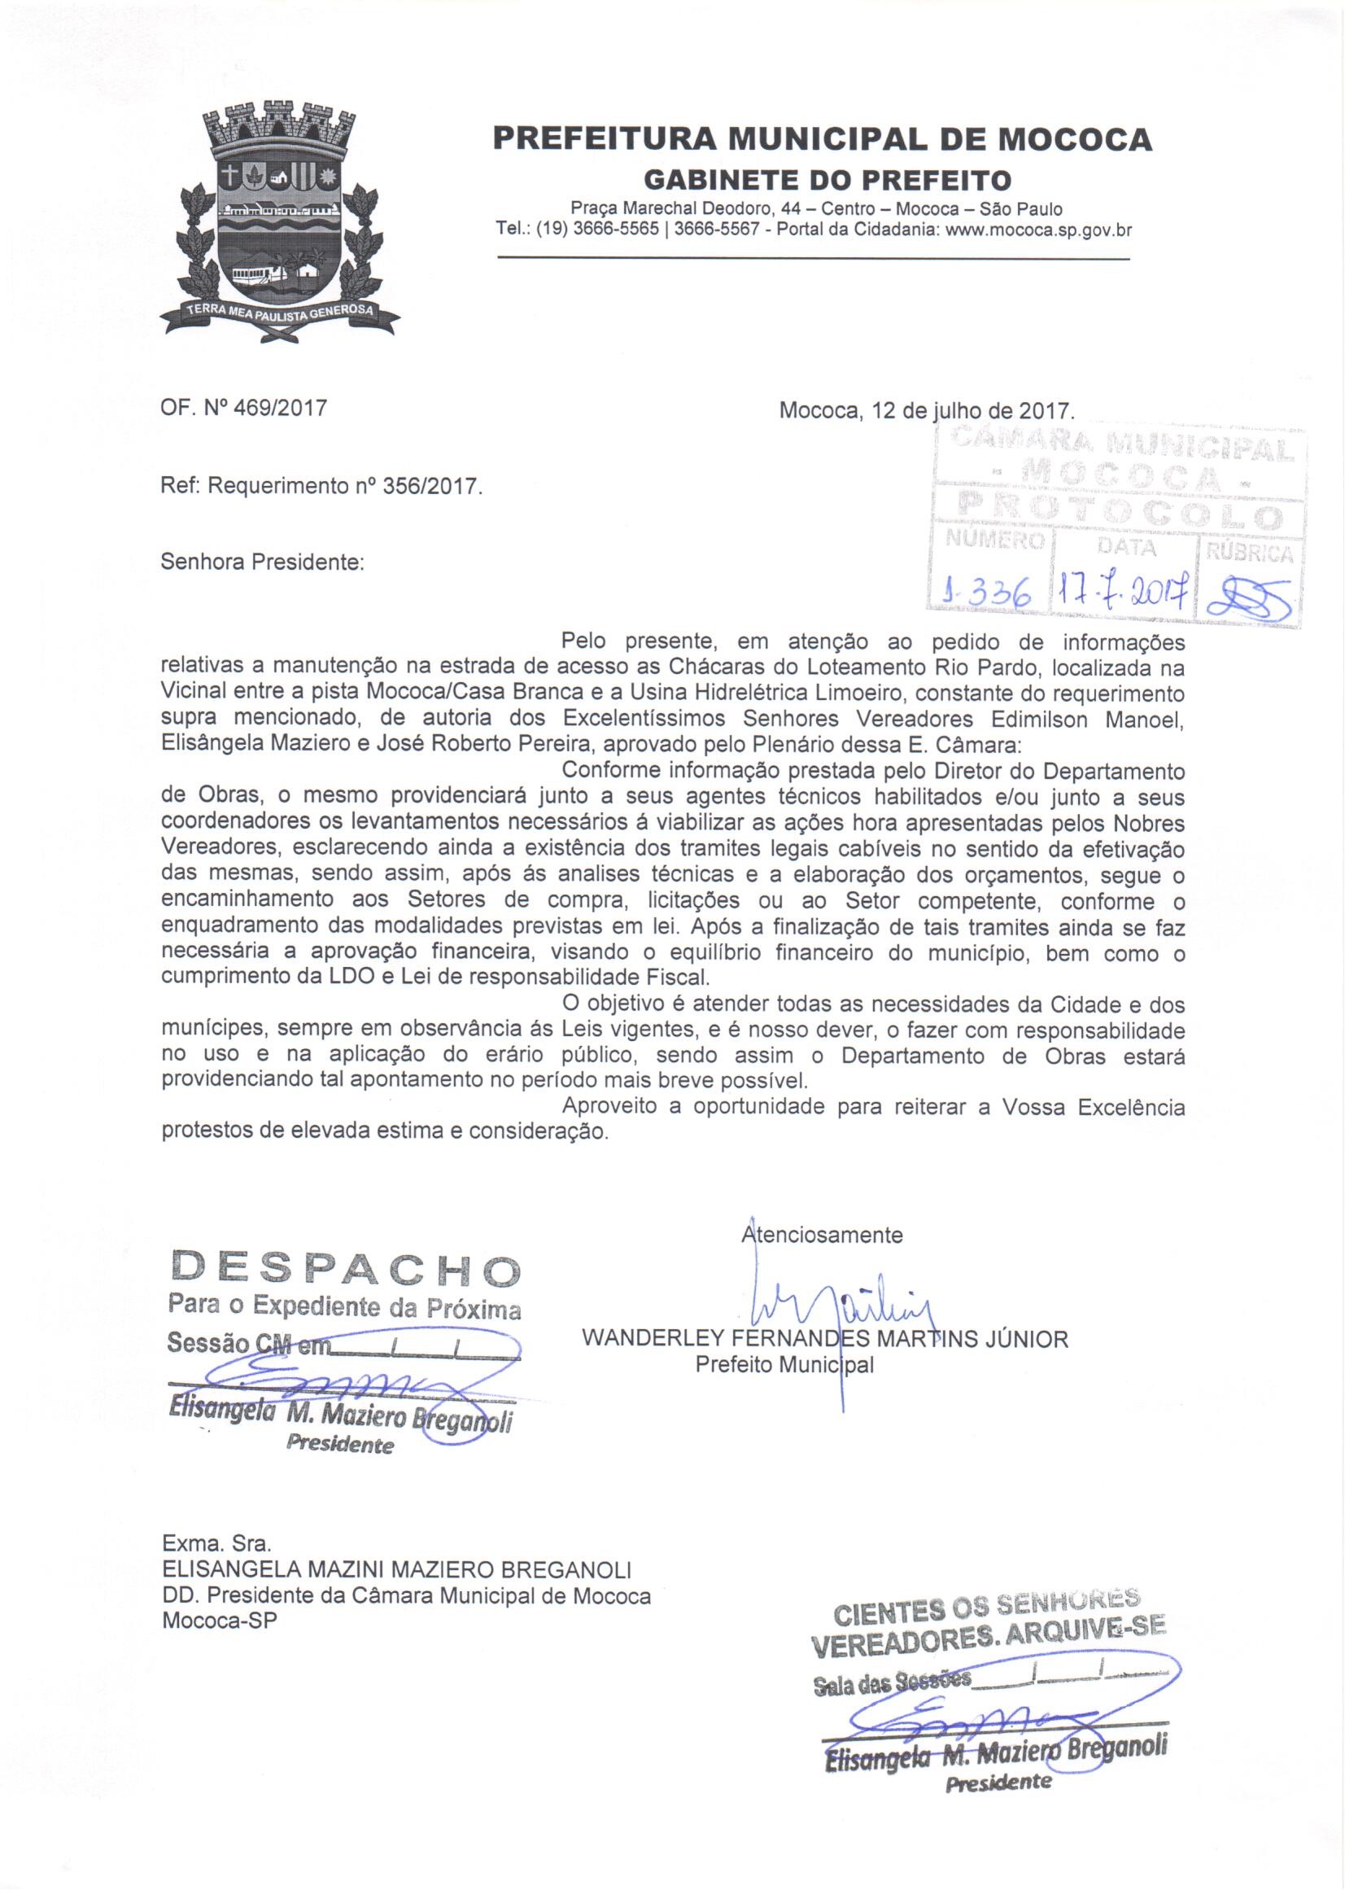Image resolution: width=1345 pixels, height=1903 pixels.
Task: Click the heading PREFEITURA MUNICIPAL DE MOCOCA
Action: pos(822,138)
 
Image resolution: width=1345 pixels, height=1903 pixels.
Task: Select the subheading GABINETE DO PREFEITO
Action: pos(827,179)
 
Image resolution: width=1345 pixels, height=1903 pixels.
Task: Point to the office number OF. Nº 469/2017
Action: pos(243,408)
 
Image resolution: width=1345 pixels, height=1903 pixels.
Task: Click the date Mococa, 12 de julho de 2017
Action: pos(927,410)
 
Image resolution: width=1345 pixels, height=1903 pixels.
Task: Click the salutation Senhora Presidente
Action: pos(263,562)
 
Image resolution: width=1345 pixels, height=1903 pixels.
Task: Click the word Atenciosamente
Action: pos(822,1235)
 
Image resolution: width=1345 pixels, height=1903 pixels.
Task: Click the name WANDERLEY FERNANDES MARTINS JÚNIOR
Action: pos(825,1339)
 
